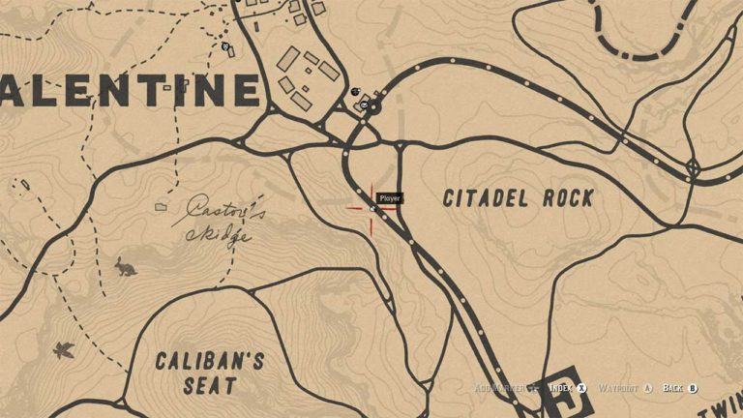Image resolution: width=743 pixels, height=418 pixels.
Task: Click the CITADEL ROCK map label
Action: tap(518, 198)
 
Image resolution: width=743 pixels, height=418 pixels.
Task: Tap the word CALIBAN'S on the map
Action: tap(209, 363)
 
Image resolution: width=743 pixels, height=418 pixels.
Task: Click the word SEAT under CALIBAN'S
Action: tap(210, 387)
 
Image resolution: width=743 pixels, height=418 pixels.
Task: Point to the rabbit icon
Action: tap(126, 265)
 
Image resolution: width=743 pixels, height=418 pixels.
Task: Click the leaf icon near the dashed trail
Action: tap(65, 349)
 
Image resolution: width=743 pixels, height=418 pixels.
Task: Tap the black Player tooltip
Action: tap(390, 198)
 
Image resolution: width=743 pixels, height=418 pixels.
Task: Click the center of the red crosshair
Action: tap(371, 207)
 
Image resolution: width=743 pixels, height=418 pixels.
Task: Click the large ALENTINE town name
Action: tap(131, 90)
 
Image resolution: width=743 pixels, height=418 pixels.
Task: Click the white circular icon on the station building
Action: tap(365, 104)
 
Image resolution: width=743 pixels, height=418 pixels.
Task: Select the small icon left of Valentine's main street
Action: tap(225, 45)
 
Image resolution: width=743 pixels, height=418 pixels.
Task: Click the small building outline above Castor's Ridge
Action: tap(161, 206)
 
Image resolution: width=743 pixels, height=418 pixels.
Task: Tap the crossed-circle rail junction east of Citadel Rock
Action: tap(693, 167)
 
